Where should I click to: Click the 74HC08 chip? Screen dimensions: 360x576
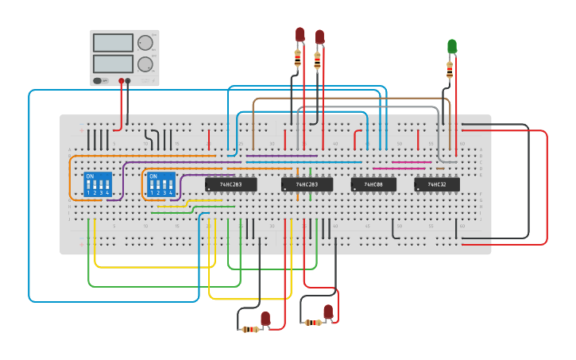(373, 184)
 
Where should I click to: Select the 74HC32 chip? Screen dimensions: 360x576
(437, 184)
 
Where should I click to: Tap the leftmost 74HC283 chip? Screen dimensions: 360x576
(230, 184)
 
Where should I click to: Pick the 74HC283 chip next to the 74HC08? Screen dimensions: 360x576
(307, 184)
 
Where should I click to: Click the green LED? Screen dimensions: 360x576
(452, 46)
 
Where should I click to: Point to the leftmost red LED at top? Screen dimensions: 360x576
(300, 34)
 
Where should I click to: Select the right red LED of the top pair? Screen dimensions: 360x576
(319, 37)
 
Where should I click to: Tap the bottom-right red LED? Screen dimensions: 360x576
(328, 311)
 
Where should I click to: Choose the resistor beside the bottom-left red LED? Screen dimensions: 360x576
(250, 329)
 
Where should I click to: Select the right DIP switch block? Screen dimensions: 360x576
(161, 184)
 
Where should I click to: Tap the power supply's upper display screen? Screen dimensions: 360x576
(113, 43)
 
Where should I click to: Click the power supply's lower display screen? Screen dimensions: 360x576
(113, 64)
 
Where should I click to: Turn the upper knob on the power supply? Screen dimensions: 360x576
(145, 43)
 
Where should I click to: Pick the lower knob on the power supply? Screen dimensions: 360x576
(145, 64)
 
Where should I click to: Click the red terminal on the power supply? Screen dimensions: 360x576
(122, 80)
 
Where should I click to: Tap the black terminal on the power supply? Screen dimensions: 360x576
(128, 80)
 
